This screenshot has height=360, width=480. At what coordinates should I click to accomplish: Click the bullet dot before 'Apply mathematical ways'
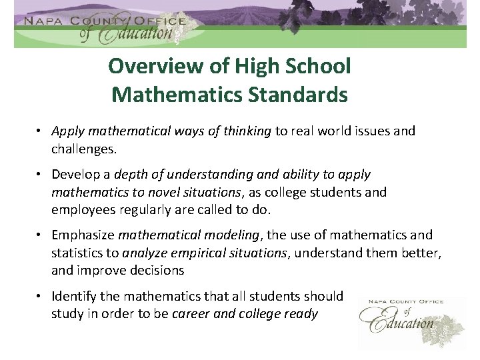coord(41,131)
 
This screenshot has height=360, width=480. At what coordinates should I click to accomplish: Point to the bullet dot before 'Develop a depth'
coord(41,175)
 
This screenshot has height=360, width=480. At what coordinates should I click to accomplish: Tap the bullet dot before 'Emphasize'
coord(41,235)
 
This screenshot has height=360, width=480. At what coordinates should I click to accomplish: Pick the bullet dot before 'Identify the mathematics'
coord(41,296)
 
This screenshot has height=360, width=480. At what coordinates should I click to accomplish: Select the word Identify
coord(73,296)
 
